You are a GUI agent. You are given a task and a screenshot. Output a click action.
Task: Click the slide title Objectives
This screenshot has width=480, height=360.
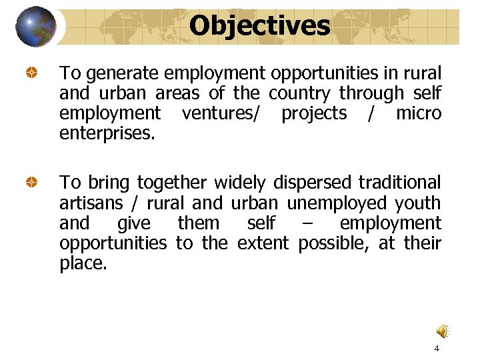click(x=259, y=26)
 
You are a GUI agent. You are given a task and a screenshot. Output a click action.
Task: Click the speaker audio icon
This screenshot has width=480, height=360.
click(x=443, y=331)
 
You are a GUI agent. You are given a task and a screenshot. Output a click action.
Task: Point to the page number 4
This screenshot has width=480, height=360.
click(x=437, y=349)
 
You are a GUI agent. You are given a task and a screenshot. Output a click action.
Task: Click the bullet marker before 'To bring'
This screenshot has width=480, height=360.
click(x=31, y=182)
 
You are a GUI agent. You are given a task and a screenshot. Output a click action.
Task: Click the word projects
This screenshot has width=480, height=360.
click(x=314, y=113)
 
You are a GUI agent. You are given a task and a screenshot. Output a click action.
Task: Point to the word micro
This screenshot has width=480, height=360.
click(x=419, y=113)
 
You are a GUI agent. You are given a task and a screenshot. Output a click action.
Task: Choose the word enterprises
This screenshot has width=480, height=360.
click(x=107, y=133)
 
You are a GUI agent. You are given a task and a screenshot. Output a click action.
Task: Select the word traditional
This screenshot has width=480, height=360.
click(x=400, y=183)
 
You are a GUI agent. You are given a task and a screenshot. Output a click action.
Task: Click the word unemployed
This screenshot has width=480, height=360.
click(x=337, y=203)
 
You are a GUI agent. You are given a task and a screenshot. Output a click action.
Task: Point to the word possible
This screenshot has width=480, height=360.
click(x=334, y=243)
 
